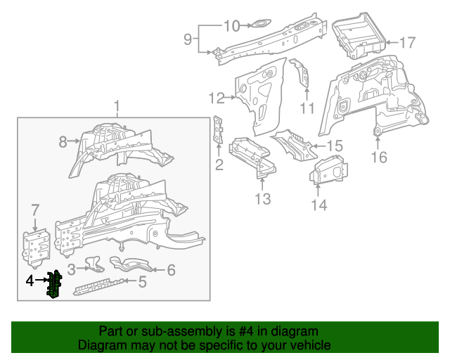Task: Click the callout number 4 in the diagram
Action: pos(29,281)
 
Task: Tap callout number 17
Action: pos(408,43)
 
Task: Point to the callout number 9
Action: pos(188,39)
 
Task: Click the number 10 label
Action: pos(231,27)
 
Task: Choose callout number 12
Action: pos(216,98)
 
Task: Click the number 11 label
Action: pos(307,108)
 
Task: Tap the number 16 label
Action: pos(379,157)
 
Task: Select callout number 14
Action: pos(319,205)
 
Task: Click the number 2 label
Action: pos(219,165)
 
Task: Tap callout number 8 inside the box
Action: pos(63,142)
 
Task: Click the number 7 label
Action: pos(35,210)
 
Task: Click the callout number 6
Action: pos(170,269)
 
